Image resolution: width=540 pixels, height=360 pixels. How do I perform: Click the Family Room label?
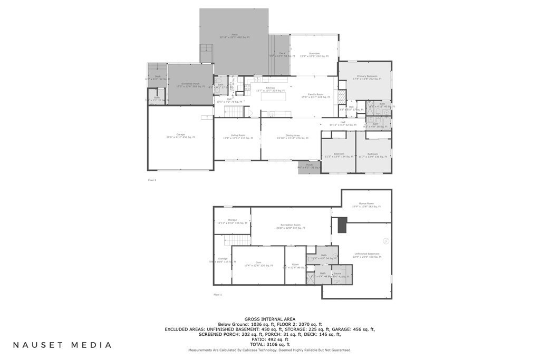pos(315,95)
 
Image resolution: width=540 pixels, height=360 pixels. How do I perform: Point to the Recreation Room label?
pos(291,227)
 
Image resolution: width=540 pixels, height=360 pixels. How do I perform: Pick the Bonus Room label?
pos(367,205)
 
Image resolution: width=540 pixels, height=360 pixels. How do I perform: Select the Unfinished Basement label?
pos(367,256)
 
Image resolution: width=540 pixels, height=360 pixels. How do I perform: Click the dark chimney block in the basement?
pos(342,226)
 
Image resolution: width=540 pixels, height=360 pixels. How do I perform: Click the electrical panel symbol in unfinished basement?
pos(386,241)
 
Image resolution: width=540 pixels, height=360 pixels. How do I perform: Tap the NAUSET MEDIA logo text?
pos(62,345)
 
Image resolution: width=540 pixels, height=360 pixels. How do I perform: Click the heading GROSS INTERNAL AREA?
pos(270,319)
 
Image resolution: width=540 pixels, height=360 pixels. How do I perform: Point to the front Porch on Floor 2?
pos(309,167)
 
